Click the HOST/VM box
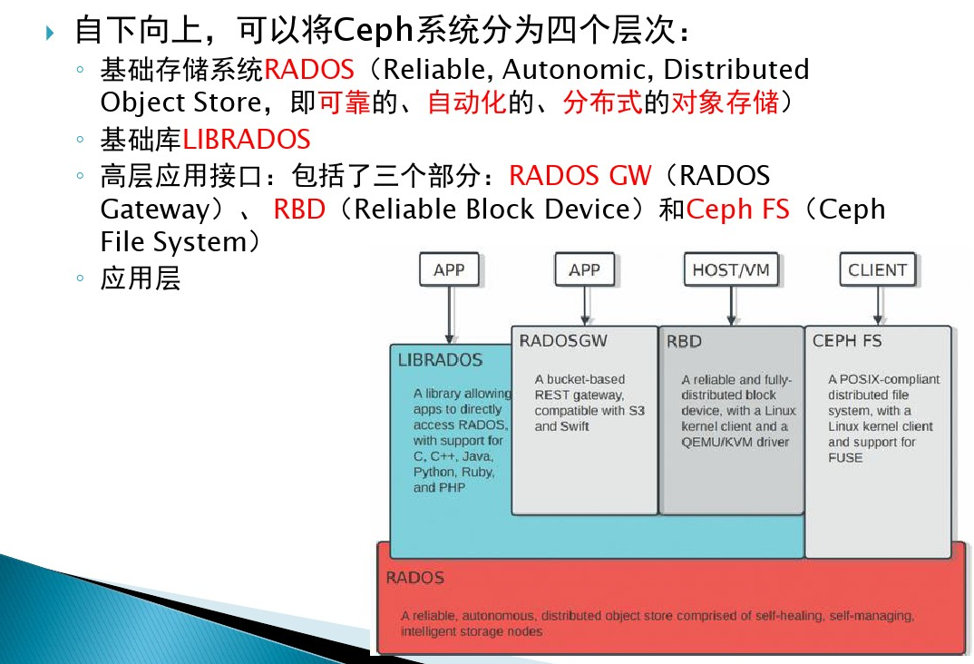pyautogui.click(x=730, y=270)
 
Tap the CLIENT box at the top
pyautogui.click(x=877, y=270)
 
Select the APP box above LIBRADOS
pyautogui.click(x=449, y=270)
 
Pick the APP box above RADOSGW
pyautogui.click(x=584, y=270)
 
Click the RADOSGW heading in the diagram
pyautogui.click(x=562, y=341)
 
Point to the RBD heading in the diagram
pyautogui.click(x=684, y=342)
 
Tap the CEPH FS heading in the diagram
pyautogui.click(x=847, y=341)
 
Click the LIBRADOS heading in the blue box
pyautogui.click(x=440, y=360)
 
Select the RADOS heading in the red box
pyautogui.click(x=414, y=578)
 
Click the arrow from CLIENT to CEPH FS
pyautogui.click(x=877, y=306)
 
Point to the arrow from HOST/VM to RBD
pyautogui.click(x=730, y=306)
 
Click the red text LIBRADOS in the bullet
pyautogui.click(x=247, y=140)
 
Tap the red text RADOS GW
pyautogui.click(x=580, y=175)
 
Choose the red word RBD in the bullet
pyautogui.click(x=299, y=210)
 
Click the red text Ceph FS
pyautogui.click(x=732, y=210)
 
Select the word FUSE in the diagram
pyautogui.click(x=845, y=458)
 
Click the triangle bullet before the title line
pyautogui.click(x=50, y=34)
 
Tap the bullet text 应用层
pyautogui.click(x=141, y=278)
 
